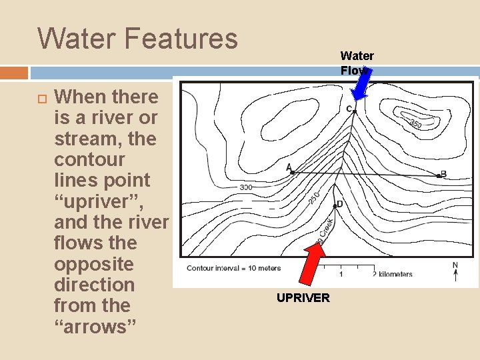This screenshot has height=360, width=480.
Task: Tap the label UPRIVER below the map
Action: [303, 297]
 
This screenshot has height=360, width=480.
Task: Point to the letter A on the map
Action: [289, 166]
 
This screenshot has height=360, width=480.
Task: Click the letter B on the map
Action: [443, 174]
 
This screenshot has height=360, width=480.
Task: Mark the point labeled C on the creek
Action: [355, 112]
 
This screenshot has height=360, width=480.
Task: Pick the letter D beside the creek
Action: [339, 204]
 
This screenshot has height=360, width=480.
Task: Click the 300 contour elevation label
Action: [245, 187]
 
